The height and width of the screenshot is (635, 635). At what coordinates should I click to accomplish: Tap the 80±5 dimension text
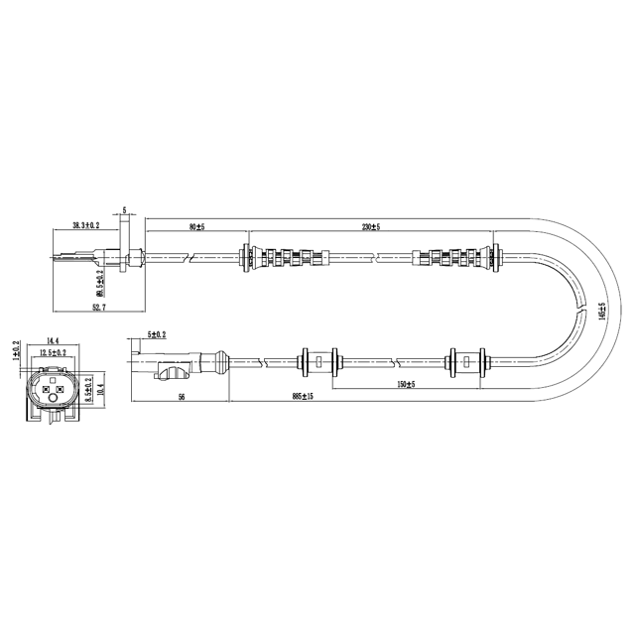[196, 227]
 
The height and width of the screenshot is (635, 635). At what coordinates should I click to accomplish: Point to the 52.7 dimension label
[96, 308]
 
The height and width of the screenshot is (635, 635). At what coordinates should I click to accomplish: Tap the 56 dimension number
[182, 396]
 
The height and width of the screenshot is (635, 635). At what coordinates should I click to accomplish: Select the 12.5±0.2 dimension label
[53, 352]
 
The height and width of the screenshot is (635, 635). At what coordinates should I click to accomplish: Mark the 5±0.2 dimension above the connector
[157, 334]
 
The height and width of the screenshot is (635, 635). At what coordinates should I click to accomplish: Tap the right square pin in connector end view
[61, 389]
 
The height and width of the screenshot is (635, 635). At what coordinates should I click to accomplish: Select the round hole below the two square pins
[53, 402]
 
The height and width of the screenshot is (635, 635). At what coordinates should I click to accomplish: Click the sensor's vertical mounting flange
[124, 249]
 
